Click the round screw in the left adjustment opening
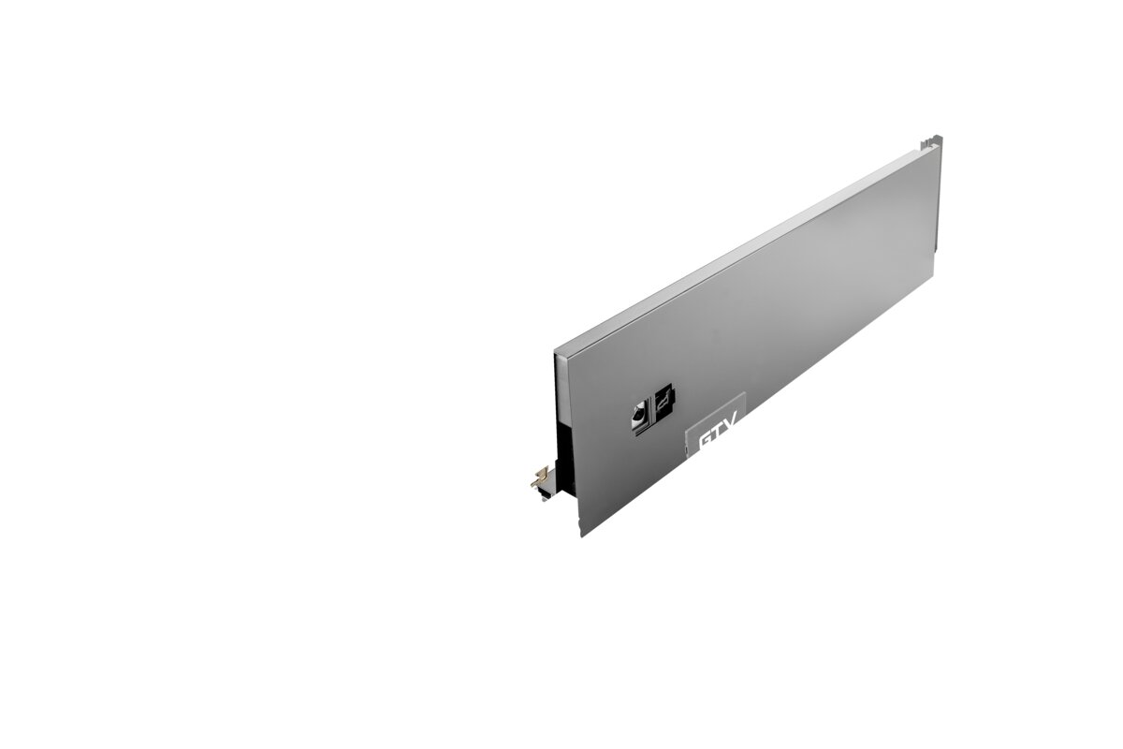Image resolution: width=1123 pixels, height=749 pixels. pyautogui.click(x=638, y=415)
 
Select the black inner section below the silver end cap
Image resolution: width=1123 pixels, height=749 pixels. pyautogui.click(x=566, y=458)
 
